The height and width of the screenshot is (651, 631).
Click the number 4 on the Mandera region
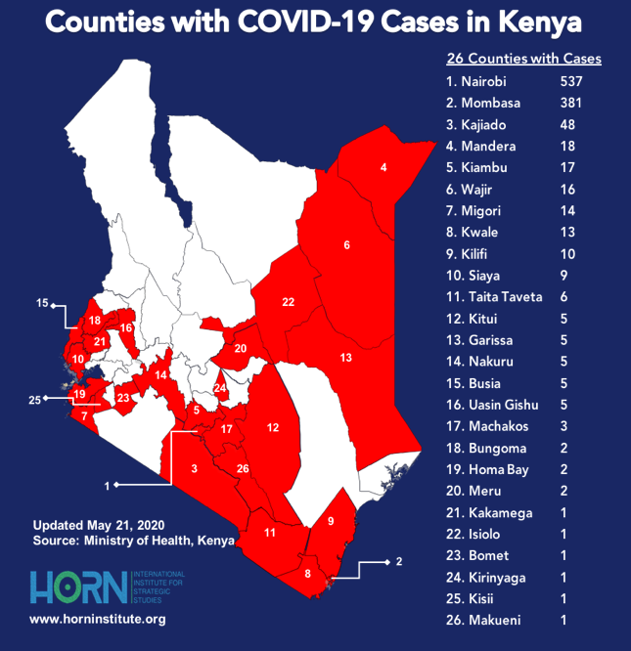pyautogui.click(x=383, y=167)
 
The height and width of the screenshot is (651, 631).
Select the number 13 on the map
pyautogui.click(x=345, y=358)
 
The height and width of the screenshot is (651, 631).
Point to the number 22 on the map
pyautogui.click(x=288, y=302)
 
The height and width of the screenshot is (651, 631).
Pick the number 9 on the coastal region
pyautogui.click(x=331, y=521)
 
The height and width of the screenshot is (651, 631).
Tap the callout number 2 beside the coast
pyautogui.click(x=398, y=562)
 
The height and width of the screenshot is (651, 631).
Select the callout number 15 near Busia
pyautogui.click(x=42, y=303)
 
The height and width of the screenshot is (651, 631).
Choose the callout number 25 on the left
pyautogui.click(x=35, y=400)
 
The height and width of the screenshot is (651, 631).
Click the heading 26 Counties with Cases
pyautogui.click(x=523, y=59)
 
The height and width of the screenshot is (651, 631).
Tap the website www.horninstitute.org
pyautogui.click(x=98, y=620)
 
